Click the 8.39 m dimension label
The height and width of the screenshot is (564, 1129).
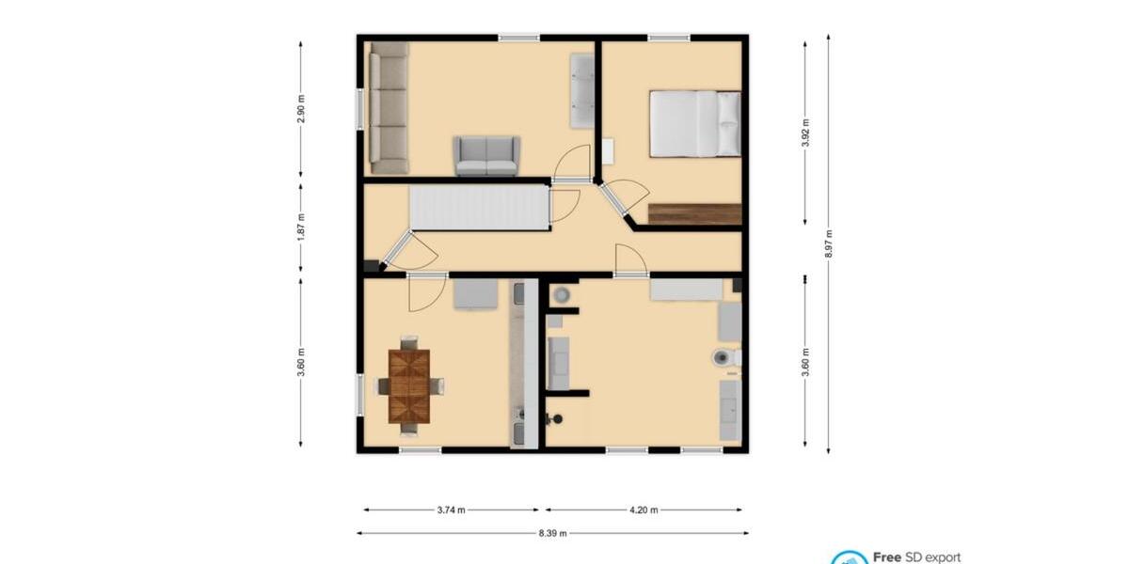coord(553,533)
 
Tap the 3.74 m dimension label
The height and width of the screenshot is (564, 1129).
coord(451,510)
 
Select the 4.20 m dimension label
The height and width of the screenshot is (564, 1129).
coord(644,510)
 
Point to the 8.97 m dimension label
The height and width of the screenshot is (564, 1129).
coord(828,243)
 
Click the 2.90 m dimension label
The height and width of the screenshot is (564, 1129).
coord(301,109)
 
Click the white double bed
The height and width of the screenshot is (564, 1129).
coord(694,123)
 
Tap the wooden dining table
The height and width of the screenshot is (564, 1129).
coord(409,385)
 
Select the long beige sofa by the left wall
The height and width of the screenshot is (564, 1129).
coord(389,107)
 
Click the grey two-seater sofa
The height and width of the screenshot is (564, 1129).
coord(485,156)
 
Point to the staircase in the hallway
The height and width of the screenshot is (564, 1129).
coord(479,207)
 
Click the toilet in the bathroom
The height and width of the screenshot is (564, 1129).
coord(724,357)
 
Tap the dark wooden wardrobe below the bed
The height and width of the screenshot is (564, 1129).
coord(694,213)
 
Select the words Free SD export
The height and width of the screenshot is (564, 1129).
coord(916,557)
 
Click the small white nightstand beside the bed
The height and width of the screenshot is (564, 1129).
coord(608,151)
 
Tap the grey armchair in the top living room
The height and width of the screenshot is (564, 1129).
coord(582,91)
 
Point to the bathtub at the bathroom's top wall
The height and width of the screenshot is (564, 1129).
coord(686,290)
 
